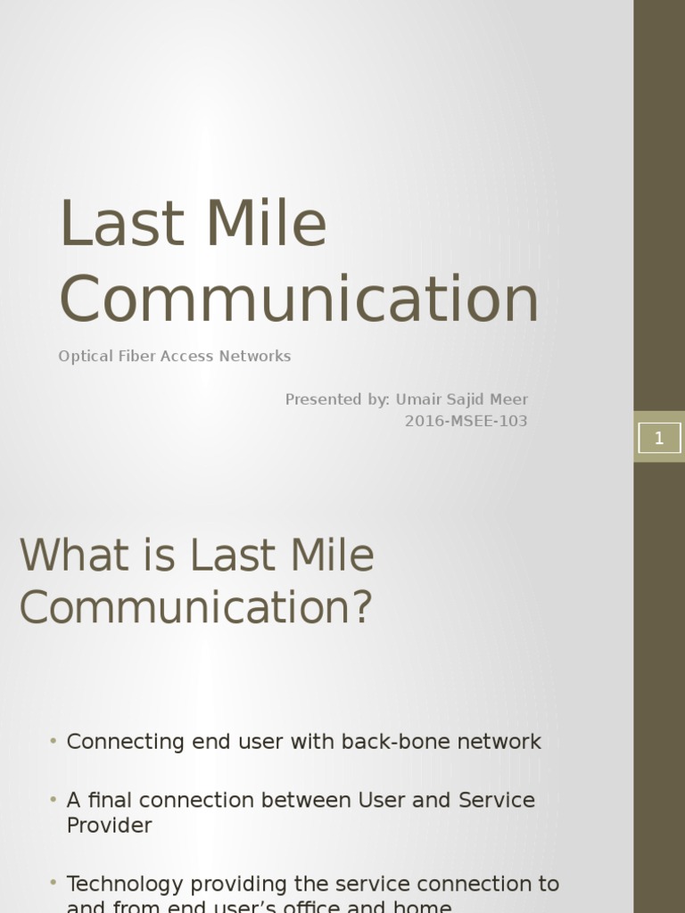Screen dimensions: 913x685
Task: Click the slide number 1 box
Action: point(659,438)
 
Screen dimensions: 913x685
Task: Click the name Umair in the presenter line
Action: point(421,399)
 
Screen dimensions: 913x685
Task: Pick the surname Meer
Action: point(507,399)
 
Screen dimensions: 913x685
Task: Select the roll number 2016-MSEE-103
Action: point(466,421)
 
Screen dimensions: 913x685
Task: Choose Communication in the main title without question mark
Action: point(299,299)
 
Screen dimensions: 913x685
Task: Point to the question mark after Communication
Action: point(360,608)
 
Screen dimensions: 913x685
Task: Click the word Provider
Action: point(109,825)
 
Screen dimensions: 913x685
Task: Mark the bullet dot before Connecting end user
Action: point(54,741)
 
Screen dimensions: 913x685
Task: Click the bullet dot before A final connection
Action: point(54,800)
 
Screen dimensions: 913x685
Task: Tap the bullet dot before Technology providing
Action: point(54,884)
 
